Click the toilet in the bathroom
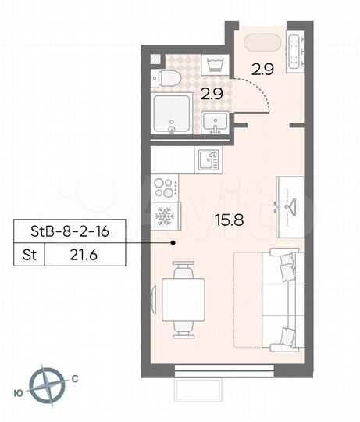click(x=162, y=77)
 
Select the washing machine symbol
click(x=213, y=63)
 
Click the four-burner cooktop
click(x=166, y=188)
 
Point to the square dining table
click(x=182, y=299)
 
